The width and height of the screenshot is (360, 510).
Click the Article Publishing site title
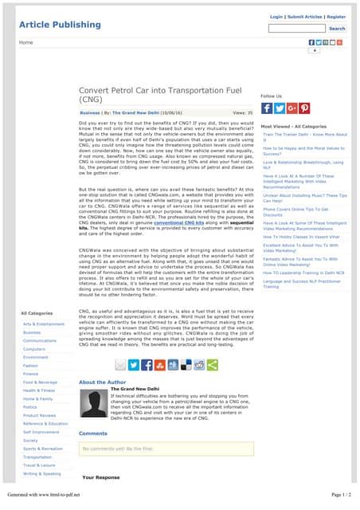tap(60, 25)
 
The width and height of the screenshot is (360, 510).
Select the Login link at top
tap(276, 16)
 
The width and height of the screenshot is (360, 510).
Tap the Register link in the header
tap(336, 16)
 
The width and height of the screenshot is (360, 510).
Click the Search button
tap(337, 29)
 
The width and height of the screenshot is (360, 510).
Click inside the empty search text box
tap(296, 29)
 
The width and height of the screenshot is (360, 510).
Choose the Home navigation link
tap(26, 41)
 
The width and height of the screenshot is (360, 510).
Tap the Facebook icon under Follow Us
tap(267, 108)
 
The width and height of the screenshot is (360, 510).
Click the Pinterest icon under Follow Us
tap(304, 108)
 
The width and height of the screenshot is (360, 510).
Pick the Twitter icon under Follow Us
tap(280, 108)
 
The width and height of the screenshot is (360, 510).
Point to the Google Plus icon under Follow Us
tap(292, 108)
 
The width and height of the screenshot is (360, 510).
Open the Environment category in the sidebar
tap(36, 357)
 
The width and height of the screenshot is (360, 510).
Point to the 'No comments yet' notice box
tap(166, 449)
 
